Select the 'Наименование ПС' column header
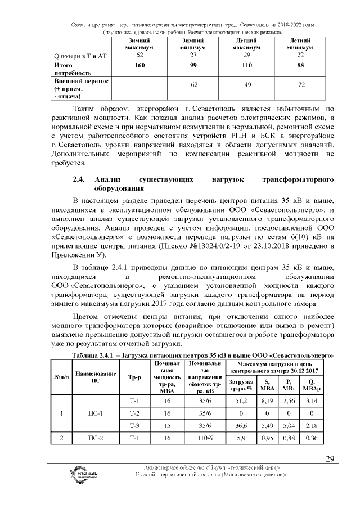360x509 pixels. (95, 376)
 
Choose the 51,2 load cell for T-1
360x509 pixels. (241, 401)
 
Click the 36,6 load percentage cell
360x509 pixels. (241, 426)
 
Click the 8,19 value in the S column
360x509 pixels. (267, 401)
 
